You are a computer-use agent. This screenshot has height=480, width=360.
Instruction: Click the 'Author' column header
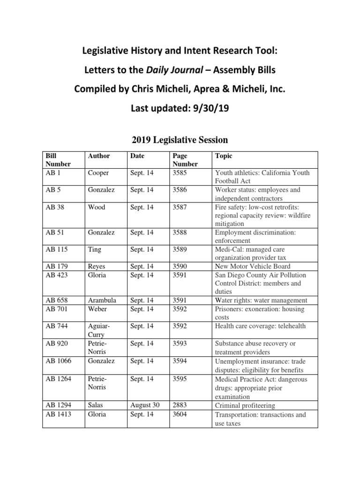98,156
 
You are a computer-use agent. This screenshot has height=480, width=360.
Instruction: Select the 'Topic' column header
223,156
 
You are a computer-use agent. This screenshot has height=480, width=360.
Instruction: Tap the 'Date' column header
138,156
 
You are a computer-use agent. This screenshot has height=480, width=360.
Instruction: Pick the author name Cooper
98,172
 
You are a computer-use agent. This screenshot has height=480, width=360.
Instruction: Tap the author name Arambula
102,300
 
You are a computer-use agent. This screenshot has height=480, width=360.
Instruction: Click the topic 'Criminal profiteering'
245,405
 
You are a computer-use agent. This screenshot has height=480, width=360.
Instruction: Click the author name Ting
95,249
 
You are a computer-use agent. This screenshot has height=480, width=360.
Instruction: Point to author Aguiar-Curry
98,330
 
